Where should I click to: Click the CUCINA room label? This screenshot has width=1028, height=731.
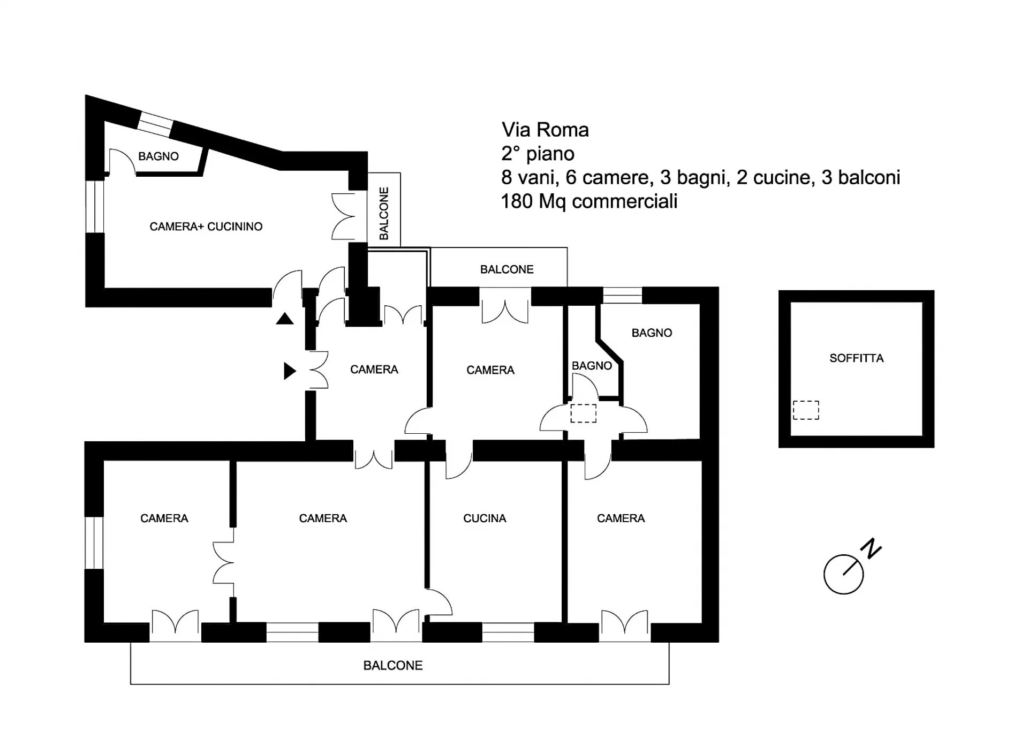pyautogui.click(x=485, y=518)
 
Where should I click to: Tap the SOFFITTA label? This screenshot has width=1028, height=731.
pyautogui.click(x=856, y=358)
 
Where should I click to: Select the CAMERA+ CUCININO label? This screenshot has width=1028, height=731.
pyautogui.click(x=206, y=227)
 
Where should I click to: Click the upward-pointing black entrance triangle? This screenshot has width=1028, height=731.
pyautogui.click(x=285, y=319)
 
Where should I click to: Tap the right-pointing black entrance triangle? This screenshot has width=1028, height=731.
pyautogui.click(x=290, y=371)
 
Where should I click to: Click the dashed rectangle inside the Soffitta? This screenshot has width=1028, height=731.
pyautogui.click(x=806, y=410)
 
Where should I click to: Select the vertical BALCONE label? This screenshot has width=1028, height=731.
pyautogui.click(x=384, y=213)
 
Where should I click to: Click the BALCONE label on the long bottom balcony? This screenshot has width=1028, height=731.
pyautogui.click(x=393, y=666)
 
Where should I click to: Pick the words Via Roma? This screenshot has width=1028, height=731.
pyautogui.click(x=545, y=130)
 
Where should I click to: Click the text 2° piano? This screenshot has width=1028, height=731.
pyautogui.click(x=538, y=154)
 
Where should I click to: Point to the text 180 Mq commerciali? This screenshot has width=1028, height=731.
pyautogui.click(x=589, y=201)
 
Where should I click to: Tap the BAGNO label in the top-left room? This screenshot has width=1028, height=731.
pyautogui.click(x=158, y=156)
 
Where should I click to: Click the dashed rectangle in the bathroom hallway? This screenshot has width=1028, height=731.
pyautogui.click(x=583, y=413)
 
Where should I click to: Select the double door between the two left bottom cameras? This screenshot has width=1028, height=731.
pyautogui.click(x=224, y=562)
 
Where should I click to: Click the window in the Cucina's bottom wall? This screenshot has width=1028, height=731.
pyautogui.click(x=508, y=632)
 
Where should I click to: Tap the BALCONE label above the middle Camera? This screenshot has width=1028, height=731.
pyautogui.click(x=507, y=269)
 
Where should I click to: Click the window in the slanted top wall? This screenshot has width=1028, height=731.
pyautogui.click(x=155, y=124)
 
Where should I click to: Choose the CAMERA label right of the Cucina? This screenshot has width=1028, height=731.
pyautogui.click(x=621, y=518)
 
